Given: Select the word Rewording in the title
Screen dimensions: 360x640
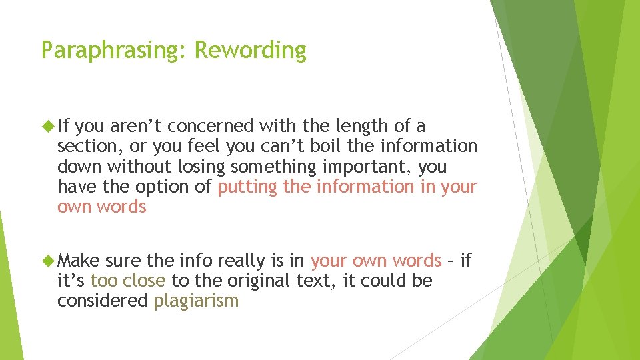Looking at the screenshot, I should click(x=251, y=51).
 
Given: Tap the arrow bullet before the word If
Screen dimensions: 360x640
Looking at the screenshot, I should click(x=47, y=125).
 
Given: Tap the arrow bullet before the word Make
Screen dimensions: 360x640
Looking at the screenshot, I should click(x=47, y=260).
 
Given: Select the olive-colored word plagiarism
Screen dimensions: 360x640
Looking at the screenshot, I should click(x=195, y=301).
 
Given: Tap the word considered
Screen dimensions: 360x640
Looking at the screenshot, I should click(x=102, y=301).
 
